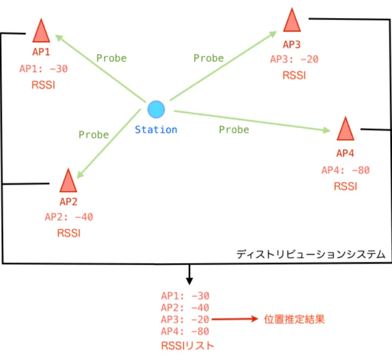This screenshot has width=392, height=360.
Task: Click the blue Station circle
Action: pyautogui.click(x=156, y=109)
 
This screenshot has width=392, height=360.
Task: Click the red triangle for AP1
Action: pyautogui.click(x=41, y=31)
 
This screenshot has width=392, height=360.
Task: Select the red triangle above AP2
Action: pyautogui.click(x=68, y=181)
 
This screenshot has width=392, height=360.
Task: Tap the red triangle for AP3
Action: pyautogui.click(x=292, y=21)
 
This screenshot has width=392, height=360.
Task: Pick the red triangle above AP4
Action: pyautogui.click(x=345, y=129)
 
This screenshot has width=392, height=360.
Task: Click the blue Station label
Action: pyautogui.click(x=156, y=130)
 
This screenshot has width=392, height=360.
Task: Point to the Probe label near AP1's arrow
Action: pyautogui.click(x=111, y=58)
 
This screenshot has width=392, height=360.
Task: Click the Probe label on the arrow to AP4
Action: pyautogui.click(x=234, y=130)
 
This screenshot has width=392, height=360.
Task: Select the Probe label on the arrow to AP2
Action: pyautogui.click(x=94, y=135)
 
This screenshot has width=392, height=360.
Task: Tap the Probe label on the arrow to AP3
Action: pyautogui.click(x=208, y=58)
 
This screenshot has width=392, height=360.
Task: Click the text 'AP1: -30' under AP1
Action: pyautogui.click(x=44, y=69)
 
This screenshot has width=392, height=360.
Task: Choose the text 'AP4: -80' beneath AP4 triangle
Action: pyautogui.click(x=345, y=170)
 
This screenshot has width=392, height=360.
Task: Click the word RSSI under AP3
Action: pyautogui.click(x=294, y=75)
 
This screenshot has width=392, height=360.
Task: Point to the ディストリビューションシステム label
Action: pyautogui.click(x=310, y=254)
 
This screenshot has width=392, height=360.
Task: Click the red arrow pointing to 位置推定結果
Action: pyautogui.click(x=235, y=319)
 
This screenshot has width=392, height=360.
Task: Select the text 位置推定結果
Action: pyautogui.click(x=294, y=320)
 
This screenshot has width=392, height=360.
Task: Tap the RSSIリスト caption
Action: pyautogui.click(x=188, y=346)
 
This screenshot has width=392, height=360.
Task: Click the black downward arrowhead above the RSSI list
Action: pyautogui.click(x=190, y=281)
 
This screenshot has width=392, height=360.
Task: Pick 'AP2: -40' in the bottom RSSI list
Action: pyautogui.click(x=185, y=308)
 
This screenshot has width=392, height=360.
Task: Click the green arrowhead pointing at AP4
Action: pyautogui.click(x=326, y=130)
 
